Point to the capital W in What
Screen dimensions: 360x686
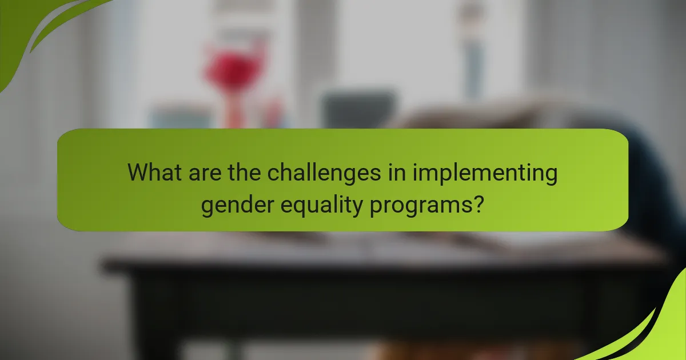tap(139, 172)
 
